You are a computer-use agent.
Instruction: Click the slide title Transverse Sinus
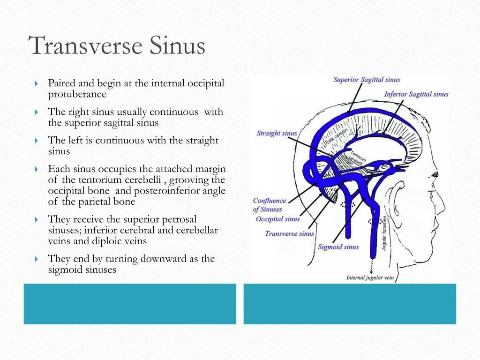click(x=117, y=46)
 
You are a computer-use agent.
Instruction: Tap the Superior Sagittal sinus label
click(x=367, y=80)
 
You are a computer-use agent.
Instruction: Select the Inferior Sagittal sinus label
click(x=416, y=95)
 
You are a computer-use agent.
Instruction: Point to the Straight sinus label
click(x=277, y=134)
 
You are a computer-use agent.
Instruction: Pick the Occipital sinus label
click(x=277, y=219)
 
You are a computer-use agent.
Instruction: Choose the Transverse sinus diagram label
click(x=289, y=233)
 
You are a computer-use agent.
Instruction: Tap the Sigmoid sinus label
click(x=338, y=247)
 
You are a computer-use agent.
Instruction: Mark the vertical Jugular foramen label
click(x=384, y=232)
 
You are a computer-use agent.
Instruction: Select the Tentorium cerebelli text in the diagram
click(x=357, y=158)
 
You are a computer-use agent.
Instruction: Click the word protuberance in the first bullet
click(x=77, y=94)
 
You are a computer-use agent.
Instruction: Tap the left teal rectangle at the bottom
click(x=130, y=304)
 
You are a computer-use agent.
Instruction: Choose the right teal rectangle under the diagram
click(x=350, y=304)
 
